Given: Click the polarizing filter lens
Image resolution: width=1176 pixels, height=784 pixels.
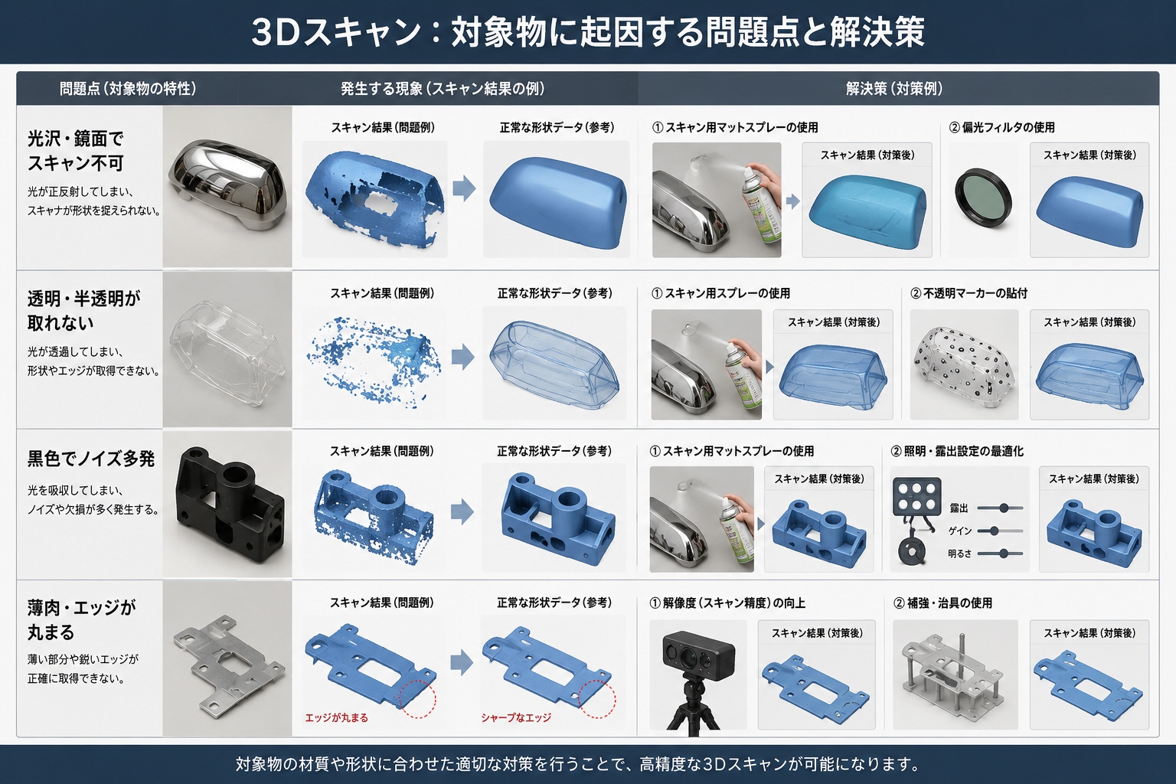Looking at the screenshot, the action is click(x=983, y=198).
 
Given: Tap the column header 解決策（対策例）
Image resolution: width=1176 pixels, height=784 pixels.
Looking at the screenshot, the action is click(x=894, y=89).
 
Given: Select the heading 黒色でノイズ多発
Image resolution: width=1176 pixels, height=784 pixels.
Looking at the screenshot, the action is click(x=91, y=459).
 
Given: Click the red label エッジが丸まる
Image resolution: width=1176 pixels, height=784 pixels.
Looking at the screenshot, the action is click(x=337, y=718).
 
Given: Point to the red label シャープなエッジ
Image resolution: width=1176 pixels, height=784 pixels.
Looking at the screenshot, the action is click(x=515, y=718).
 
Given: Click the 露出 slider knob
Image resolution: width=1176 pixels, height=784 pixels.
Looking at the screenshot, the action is click(x=1004, y=508).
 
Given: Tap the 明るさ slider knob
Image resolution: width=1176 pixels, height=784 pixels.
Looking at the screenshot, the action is click(x=1004, y=554).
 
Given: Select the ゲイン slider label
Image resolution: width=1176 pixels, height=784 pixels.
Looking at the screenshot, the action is click(x=959, y=531).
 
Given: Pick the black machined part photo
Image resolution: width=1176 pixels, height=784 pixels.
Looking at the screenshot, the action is click(x=230, y=504).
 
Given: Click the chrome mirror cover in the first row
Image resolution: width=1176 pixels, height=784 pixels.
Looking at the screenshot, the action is click(x=227, y=185).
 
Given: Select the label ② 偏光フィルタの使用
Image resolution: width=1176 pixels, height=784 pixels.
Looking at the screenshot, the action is click(x=1001, y=128).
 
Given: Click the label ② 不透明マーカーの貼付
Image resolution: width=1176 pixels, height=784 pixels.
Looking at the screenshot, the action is click(x=969, y=293).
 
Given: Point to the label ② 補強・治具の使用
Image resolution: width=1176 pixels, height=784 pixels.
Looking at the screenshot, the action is click(x=943, y=603).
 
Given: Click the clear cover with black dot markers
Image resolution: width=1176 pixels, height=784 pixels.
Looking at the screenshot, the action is click(x=964, y=366).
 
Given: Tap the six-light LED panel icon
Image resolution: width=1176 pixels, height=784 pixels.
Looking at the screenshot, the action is click(x=916, y=497).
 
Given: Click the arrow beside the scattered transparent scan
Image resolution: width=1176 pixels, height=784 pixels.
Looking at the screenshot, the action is click(x=462, y=357).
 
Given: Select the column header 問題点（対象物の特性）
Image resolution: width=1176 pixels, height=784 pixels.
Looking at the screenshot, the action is click(x=128, y=89).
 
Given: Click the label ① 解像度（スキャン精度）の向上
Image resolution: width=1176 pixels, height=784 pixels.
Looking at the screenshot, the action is click(x=727, y=603).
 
